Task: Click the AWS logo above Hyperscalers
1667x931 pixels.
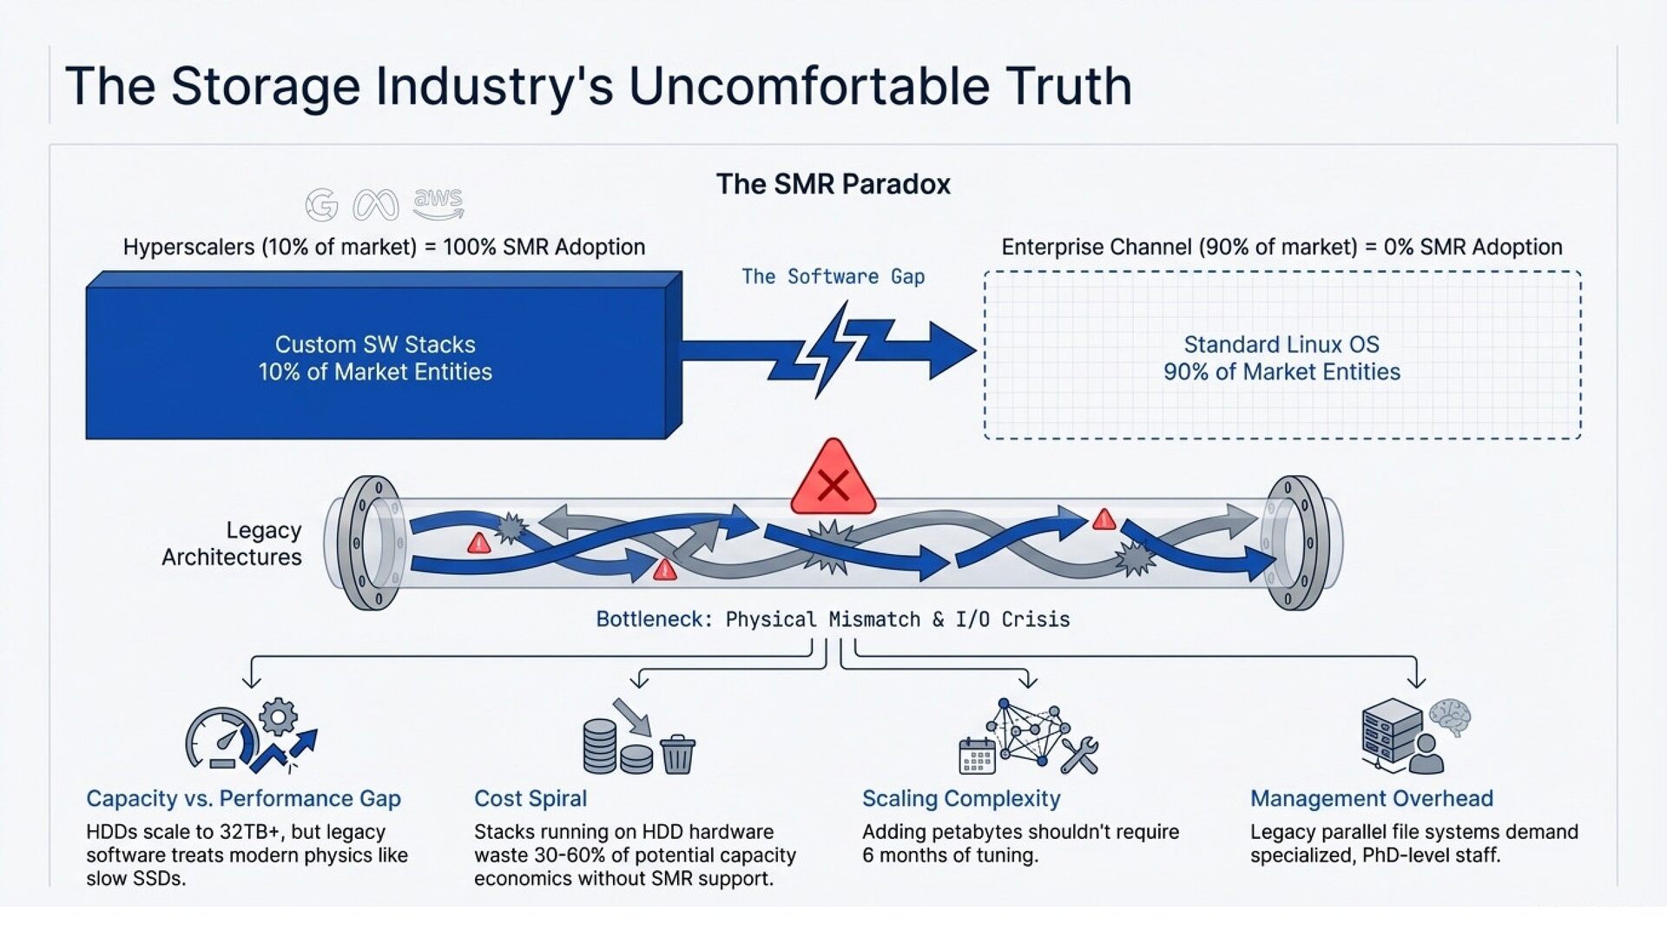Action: point(438,203)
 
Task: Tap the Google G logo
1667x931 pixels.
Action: point(322,206)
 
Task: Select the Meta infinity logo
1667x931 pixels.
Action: point(376,206)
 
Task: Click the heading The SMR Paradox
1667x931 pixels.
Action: point(833,184)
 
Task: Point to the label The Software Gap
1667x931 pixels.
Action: point(833,277)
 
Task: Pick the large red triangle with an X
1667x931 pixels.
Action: point(833,480)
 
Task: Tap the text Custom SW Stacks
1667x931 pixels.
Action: point(375,345)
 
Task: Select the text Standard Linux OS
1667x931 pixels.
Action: point(1282,345)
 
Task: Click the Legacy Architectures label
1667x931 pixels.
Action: point(232,544)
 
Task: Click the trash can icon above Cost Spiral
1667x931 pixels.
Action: point(677,754)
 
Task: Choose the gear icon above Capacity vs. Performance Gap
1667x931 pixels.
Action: point(278,716)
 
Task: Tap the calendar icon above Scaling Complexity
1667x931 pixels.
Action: point(977,756)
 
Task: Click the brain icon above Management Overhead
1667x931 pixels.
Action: point(1449,717)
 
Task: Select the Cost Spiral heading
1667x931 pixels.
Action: point(530,799)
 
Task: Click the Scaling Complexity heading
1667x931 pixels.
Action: point(961,799)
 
